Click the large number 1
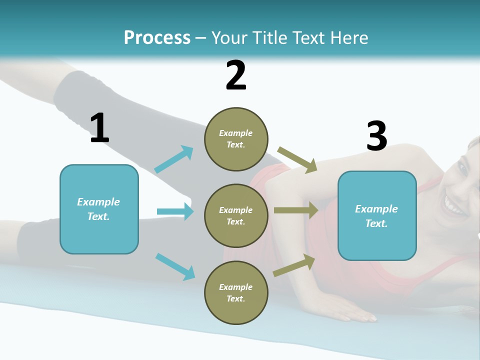[99, 129]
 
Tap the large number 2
[236, 75]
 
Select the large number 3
[376, 136]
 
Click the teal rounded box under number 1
[99, 209]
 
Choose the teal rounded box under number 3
[377, 216]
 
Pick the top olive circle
[236, 139]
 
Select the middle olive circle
[236, 215]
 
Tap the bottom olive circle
[236, 292]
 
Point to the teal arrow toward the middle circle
[175, 211]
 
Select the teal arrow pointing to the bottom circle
[175, 266]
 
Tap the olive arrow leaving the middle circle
[296, 210]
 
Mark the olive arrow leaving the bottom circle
[294, 265]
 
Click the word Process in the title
[157, 37]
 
